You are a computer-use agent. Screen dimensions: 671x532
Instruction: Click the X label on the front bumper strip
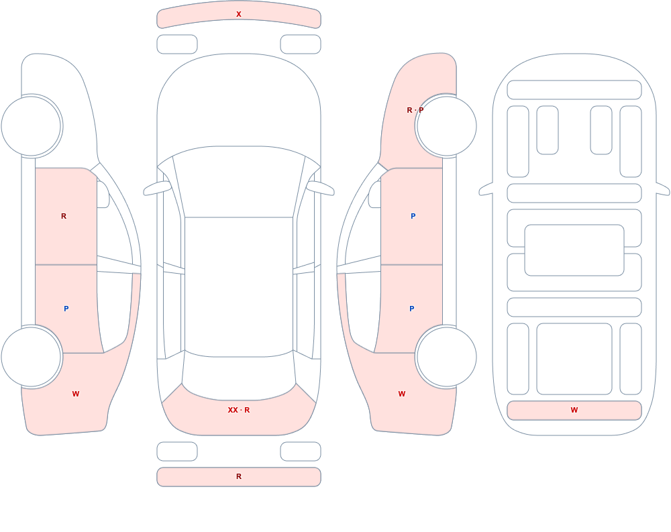click(x=239, y=14)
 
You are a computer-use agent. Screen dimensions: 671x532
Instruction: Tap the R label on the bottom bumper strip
click(x=239, y=476)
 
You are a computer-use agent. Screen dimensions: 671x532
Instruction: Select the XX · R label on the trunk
click(x=239, y=410)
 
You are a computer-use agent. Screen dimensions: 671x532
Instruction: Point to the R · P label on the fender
click(x=415, y=110)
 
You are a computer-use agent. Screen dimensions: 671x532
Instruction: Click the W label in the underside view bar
click(x=574, y=410)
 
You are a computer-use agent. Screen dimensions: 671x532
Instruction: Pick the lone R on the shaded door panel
click(x=64, y=216)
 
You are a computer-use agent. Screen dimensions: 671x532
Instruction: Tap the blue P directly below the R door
click(x=66, y=309)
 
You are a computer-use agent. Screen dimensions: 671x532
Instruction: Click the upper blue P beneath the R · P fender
click(x=413, y=216)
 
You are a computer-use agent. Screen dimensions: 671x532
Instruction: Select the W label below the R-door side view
click(x=76, y=394)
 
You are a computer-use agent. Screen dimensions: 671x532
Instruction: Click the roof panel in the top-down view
click(x=239, y=286)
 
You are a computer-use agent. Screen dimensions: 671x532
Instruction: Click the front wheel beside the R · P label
click(x=446, y=126)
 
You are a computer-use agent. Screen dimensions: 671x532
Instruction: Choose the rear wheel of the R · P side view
click(x=446, y=356)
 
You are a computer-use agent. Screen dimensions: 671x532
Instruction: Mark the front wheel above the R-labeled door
click(x=32, y=126)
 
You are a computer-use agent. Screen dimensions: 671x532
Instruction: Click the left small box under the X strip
click(x=177, y=44)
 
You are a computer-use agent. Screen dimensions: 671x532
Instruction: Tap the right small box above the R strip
click(x=301, y=451)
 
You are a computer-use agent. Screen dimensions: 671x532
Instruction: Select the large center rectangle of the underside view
click(x=574, y=250)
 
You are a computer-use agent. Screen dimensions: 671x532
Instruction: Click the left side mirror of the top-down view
click(x=156, y=188)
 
